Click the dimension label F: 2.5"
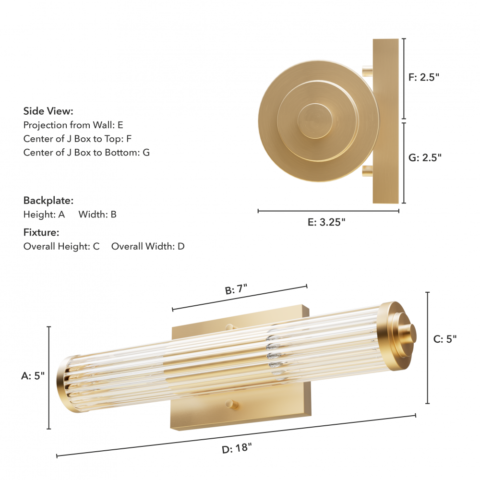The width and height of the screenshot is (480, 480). coord(424,77)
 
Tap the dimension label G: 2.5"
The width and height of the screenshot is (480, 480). coord(425,157)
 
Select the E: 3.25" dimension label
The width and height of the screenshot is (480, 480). coord(326,222)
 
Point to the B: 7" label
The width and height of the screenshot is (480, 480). coord(236,289)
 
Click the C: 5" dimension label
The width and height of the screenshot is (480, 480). coord(445,339)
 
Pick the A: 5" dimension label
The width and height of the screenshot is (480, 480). coord(33,376)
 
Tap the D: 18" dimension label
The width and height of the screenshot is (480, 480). coord(237,448)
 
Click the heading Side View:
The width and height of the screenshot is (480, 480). coord(48,111)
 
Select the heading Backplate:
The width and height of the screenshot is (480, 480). coord(48,201)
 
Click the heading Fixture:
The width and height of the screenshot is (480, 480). coord(41,232)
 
